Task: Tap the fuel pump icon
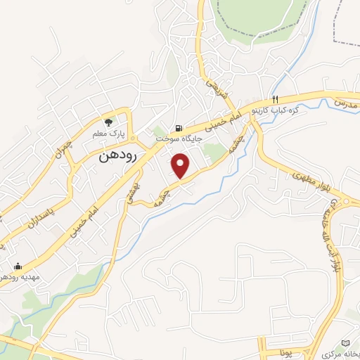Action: point(179,128)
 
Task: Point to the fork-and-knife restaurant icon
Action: point(276,99)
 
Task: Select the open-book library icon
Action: point(345,342)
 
